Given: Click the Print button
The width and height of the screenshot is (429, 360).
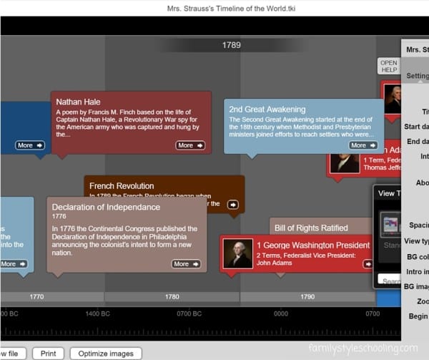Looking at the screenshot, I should (48, 354).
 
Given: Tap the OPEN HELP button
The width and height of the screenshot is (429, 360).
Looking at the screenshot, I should (388, 66).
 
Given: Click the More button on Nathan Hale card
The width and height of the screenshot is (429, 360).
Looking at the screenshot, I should (189, 145).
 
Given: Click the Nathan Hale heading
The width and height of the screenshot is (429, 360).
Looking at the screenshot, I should (78, 102).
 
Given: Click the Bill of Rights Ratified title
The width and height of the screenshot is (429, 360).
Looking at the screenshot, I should (311, 228).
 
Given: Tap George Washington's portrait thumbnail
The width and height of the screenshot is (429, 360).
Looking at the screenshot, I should (238, 253).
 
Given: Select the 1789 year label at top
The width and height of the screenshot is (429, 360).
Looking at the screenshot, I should (231, 45).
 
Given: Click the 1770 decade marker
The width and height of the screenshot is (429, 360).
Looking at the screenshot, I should (36, 296).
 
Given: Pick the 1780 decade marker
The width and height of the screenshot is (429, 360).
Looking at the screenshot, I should (172, 296).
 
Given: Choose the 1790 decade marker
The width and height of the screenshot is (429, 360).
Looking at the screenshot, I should (307, 296).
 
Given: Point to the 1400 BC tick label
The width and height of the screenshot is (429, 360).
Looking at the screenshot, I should (97, 313).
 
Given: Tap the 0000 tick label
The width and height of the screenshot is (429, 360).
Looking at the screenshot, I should (280, 313).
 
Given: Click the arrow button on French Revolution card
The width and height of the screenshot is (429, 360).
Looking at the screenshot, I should (232, 205).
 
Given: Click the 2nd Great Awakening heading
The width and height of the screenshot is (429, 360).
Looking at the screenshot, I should (267, 110).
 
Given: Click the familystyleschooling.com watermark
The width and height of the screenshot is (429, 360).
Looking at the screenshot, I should (363, 349).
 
